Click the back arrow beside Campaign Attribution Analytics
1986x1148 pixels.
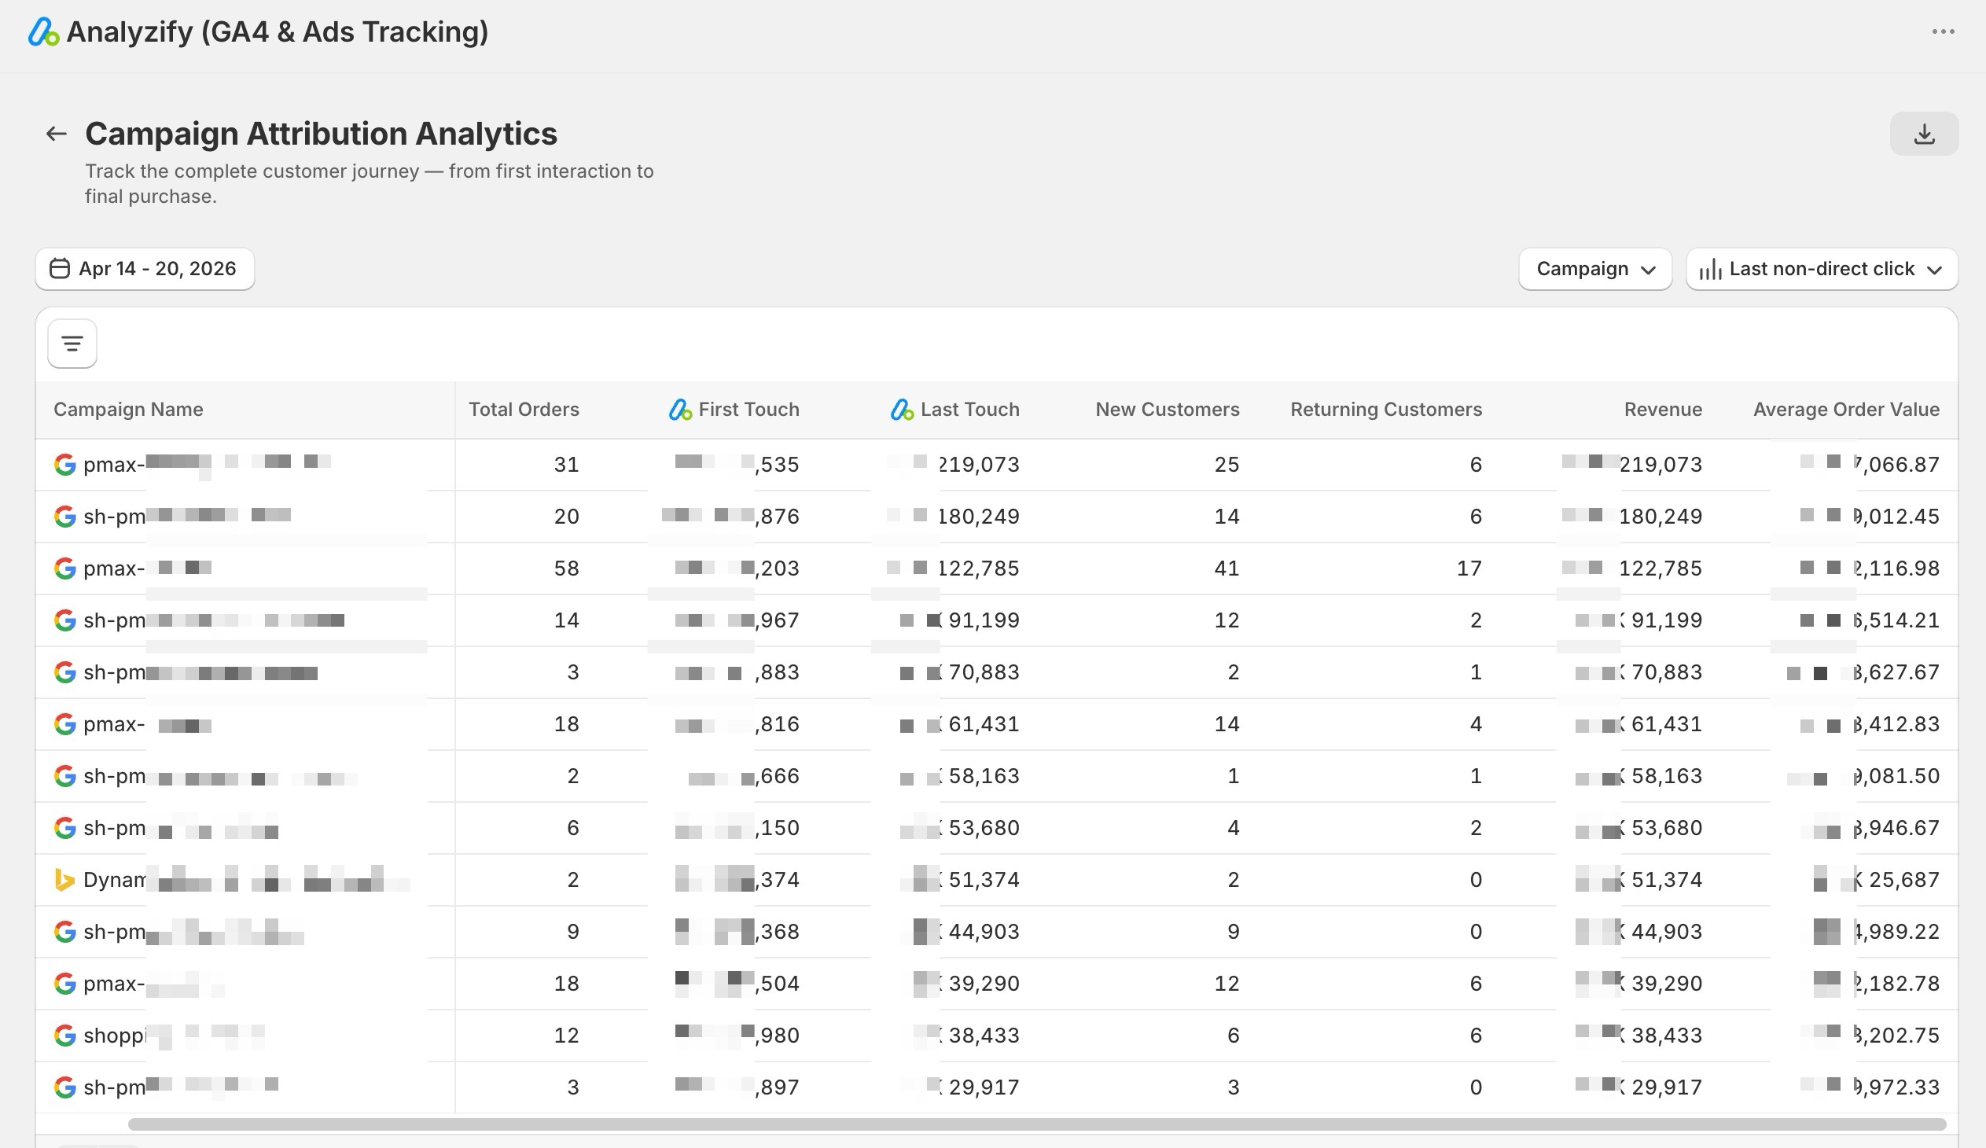tap(56, 134)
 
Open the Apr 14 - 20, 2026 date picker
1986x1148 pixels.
tap(145, 269)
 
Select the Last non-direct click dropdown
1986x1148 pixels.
tap(1822, 269)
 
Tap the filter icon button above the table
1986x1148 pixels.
tap(72, 344)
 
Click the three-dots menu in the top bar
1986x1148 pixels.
tap(1943, 31)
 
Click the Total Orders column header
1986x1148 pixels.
tap(524, 410)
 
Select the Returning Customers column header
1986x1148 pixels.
tap(1385, 410)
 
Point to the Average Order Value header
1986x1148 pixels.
tap(1846, 410)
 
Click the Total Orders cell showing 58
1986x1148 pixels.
tap(566, 568)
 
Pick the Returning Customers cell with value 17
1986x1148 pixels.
tap(1468, 568)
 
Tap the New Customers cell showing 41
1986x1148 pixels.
tap(1227, 568)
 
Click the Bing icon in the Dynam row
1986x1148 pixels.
tap(64, 879)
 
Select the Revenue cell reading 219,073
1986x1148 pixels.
tap(1660, 465)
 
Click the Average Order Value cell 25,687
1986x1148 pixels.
tap(1903, 879)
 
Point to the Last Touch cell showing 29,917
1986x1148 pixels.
tap(983, 1087)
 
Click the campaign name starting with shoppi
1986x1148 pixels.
tap(115, 1036)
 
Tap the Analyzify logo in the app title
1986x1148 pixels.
tap(43, 32)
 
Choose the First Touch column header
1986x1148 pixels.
tap(748, 410)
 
